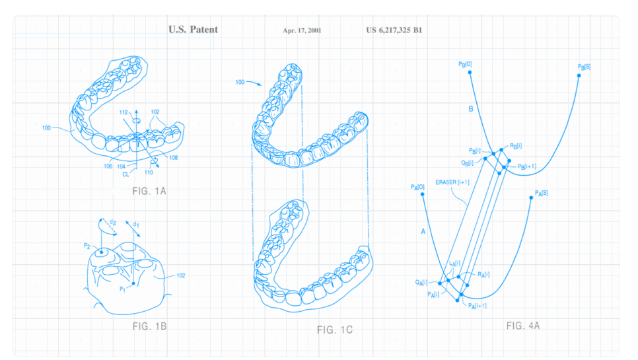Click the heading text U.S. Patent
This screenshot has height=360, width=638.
point(194,29)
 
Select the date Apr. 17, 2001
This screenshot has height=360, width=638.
point(302,30)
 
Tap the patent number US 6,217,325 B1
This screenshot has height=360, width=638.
point(394,30)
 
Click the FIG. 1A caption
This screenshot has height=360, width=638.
point(149,191)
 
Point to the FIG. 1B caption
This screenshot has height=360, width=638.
point(149,326)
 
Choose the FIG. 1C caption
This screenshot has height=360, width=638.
point(334,330)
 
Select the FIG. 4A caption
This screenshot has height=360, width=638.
point(523,326)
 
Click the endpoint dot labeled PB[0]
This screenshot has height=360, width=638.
point(470,73)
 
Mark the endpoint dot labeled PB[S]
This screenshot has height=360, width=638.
point(579,76)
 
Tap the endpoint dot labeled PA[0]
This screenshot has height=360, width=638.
point(422,194)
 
